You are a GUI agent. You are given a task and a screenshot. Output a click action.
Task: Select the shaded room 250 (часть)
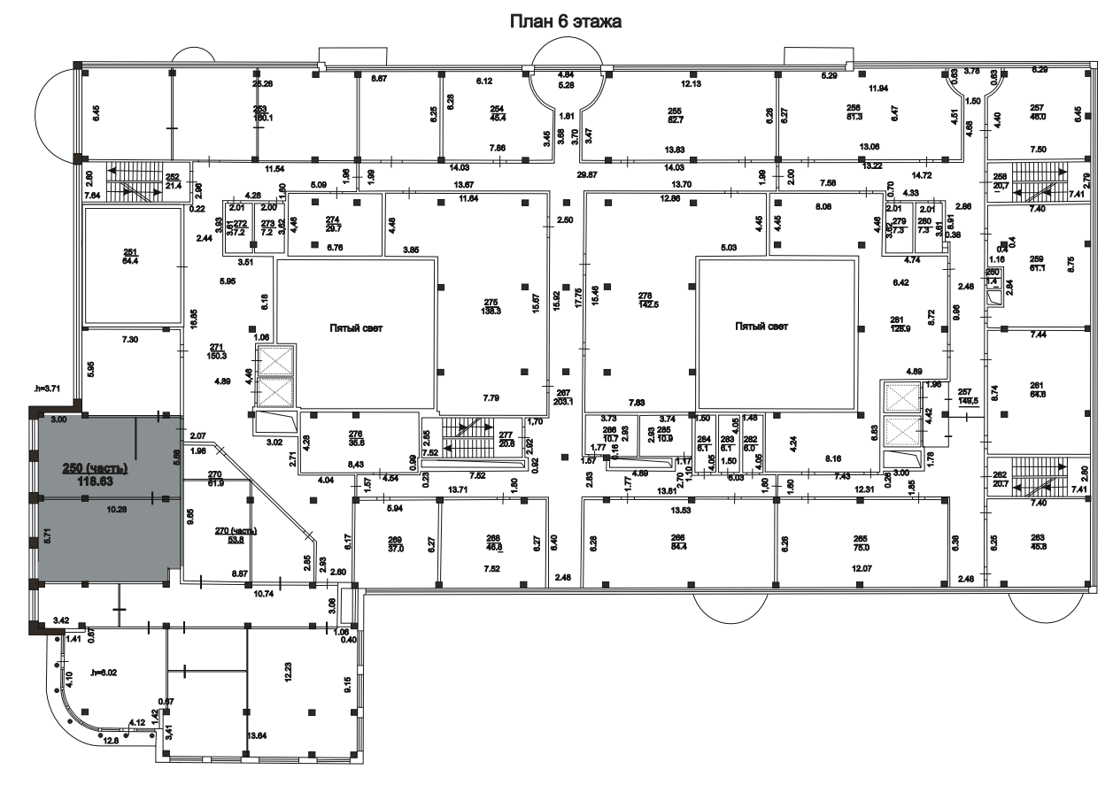[95, 473]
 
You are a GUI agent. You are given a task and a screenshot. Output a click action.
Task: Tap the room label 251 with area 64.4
[131, 258]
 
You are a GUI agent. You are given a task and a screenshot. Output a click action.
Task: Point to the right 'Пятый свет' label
[761, 327]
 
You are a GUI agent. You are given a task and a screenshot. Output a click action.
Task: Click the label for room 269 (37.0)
[395, 543]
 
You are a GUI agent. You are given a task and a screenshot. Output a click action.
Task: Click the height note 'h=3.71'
[47, 387]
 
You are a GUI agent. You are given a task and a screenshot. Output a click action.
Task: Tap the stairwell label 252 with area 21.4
[173, 181]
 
